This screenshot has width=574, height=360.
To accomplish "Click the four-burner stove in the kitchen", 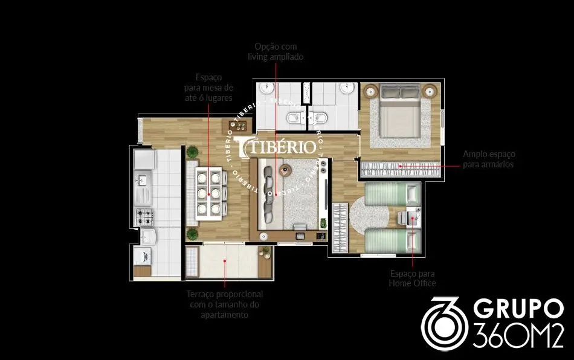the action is pos(144,217).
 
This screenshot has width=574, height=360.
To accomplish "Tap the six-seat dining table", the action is pos(208,193).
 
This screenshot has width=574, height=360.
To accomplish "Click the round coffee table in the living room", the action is pos(285,169).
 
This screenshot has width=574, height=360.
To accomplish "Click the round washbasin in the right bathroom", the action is pos(346,88).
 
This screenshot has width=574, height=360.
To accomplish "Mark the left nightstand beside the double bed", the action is pos(370,91).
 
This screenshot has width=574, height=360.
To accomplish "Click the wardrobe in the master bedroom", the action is pos(401,169).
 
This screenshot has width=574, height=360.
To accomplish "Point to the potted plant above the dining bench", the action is pos(192,152).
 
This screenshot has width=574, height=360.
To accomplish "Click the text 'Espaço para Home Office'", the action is pos(412,278).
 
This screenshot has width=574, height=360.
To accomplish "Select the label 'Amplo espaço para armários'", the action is pos(489,159).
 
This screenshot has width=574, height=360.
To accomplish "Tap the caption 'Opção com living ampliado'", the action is pos(276,51).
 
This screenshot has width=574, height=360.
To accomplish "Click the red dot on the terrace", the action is pos(225,261).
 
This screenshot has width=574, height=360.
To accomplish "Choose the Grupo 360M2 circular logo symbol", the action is pos(444,323).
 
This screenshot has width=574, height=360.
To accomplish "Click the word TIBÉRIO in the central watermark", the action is pos(279,146).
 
